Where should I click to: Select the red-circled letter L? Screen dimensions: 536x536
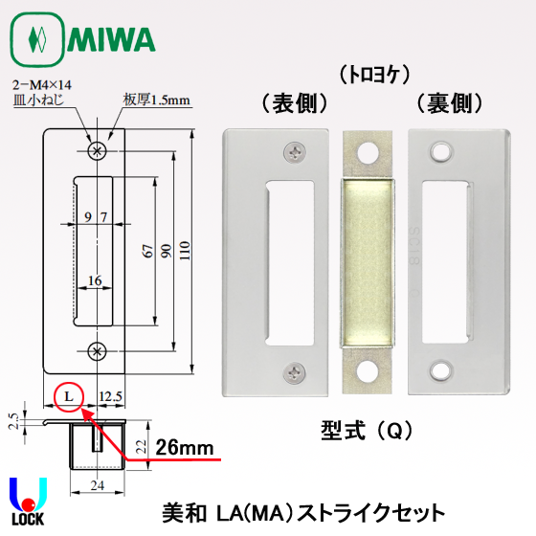point(68,394)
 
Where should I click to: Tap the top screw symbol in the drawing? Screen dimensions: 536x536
point(95,150)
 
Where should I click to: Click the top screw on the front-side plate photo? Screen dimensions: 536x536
point(291,150)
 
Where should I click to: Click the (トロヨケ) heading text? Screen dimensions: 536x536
point(369,72)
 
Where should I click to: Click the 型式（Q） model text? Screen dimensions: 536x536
point(360,430)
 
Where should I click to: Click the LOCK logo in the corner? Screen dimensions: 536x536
point(29,502)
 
